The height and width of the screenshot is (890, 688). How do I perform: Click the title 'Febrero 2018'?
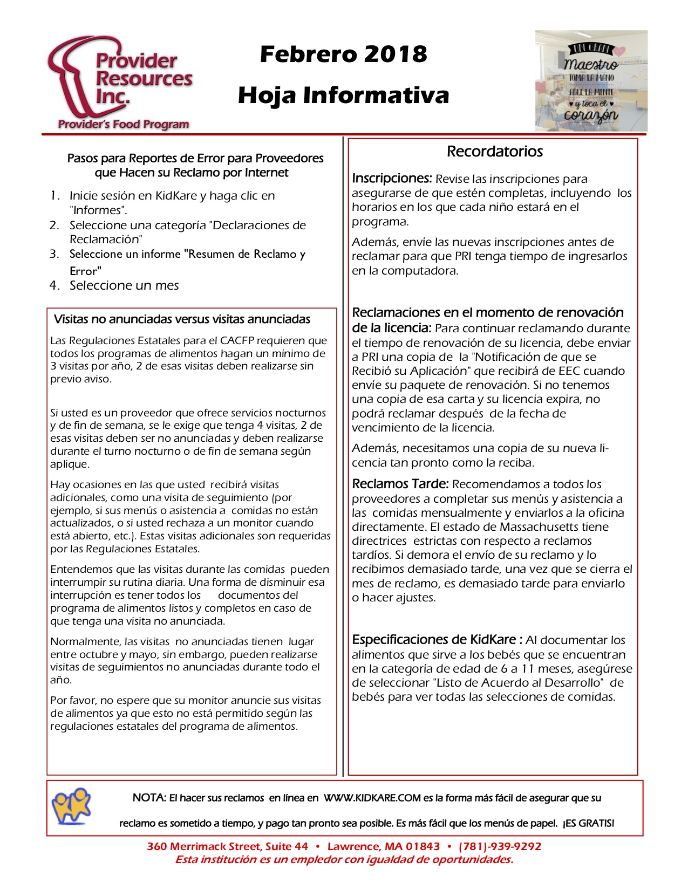pos(343,54)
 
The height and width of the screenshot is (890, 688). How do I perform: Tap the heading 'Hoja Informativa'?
pos(343,95)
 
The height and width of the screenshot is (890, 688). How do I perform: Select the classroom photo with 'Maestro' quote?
pos(591,81)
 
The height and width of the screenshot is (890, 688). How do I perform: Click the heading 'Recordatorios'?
pos(494,151)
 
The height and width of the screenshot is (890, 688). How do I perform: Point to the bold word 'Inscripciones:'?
pos(392,179)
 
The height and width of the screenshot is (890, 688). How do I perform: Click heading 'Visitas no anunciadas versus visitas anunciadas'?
pos(182,319)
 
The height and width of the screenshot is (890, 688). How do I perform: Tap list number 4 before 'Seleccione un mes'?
pos(54,285)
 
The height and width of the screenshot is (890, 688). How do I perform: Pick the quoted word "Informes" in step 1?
pos(97,210)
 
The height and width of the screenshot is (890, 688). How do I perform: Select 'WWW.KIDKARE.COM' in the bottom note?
pos(372,798)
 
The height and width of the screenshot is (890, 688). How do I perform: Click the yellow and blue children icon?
pos(71,806)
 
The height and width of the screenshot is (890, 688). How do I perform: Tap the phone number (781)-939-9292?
pos(500,846)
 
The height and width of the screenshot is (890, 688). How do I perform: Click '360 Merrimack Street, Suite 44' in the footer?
pos(227,846)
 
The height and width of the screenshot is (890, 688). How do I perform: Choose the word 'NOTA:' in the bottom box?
pos(149,798)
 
